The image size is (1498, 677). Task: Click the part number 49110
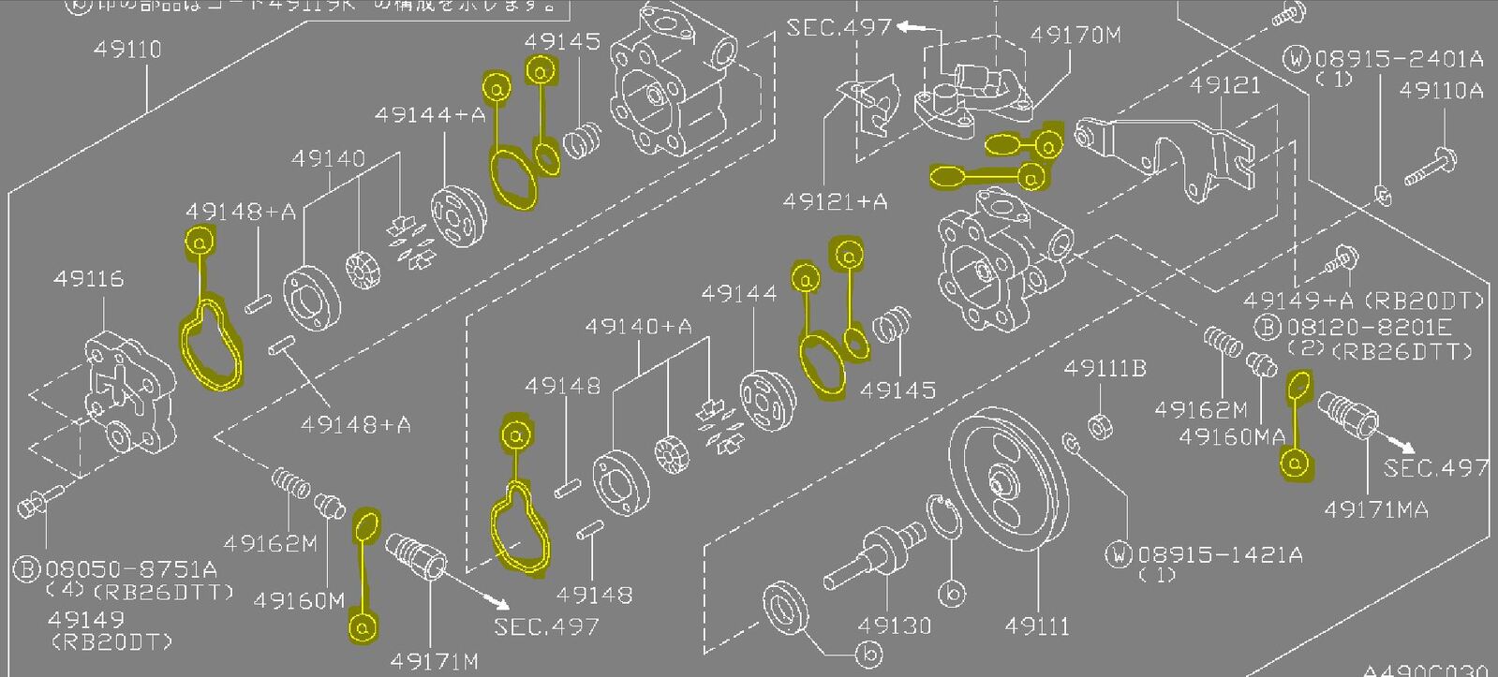pos(127,49)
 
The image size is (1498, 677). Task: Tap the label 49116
pos(88,278)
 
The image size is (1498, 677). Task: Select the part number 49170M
pos(1075,36)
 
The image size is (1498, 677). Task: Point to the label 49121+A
pos(835,201)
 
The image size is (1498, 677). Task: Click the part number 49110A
pos(1442,90)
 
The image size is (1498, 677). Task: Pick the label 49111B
pos(1105,369)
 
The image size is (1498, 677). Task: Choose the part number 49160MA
pos(1232,436)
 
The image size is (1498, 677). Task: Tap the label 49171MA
pos(1376,509)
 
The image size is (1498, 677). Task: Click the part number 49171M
pos(434,661)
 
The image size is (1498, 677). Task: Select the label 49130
pos(894,625)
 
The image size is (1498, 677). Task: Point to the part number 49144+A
pos(430,115)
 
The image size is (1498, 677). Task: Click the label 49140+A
pos(638,327)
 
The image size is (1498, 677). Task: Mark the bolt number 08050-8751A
pos(131,568)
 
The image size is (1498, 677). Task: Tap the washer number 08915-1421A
pos(1220,554)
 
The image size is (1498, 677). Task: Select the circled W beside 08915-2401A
pos(1297,60)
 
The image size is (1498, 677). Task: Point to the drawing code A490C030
pos(1428,670)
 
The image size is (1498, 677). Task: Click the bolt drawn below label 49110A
pos(1430,169)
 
